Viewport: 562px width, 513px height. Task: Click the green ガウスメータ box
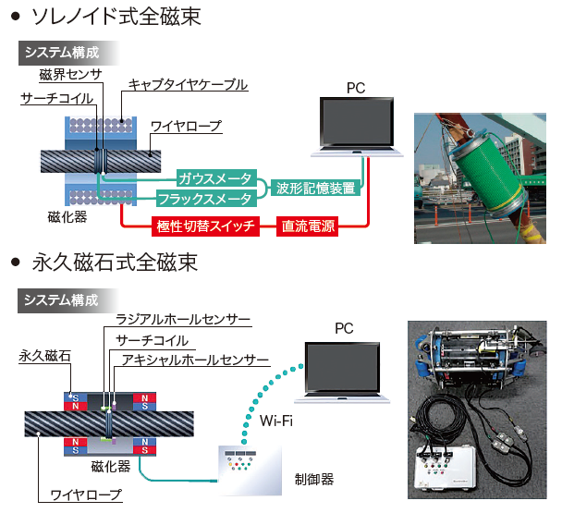tap(216, 178)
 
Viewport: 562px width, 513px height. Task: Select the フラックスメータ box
tap(206, 199)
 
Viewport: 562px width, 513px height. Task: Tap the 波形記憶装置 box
tap(315, 189)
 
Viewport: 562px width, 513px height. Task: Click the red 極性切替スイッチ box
tap(205, 226)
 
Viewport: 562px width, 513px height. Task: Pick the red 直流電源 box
tap(308, 226)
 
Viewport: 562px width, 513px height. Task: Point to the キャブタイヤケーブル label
tap(188, 85)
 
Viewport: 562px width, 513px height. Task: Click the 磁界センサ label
tap(70, 75)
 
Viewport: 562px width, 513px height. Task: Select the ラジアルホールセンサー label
tap(183, 319)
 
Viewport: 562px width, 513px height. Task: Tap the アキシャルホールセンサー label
tap(195, 360)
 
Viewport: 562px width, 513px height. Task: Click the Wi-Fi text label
tap(276, 421)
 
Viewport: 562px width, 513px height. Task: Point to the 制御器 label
tap(314, 479)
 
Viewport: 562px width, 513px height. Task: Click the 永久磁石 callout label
tap(44, 356)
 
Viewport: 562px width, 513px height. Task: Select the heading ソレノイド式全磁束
tap(116, 17)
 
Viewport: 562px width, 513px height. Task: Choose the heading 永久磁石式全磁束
tap(115, 263)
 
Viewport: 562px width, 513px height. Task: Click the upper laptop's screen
tap(357, 122)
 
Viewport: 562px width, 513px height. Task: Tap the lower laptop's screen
tap(342, 368)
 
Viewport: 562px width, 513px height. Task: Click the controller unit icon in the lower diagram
tap(250, 470)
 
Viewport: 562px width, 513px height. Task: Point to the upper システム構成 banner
tap(68, 53)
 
